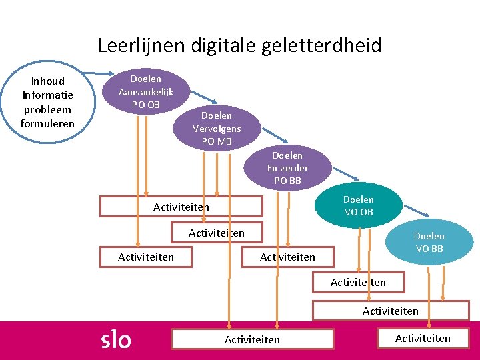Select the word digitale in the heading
tap(223, 45)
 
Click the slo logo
tap(115, 339)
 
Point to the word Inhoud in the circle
tap(48, 81)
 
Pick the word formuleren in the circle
tap(48, 123)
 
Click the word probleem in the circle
tap(48, 109)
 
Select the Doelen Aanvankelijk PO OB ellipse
tap(146, 91)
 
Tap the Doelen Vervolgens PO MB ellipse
tap(217, 128)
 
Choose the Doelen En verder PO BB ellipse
tap(287, 167)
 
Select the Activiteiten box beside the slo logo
tap(252, 339)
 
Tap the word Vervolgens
tap(217, 128)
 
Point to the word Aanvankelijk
tap(146, 92)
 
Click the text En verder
tap(287, 168)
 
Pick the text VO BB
tap(429, 249)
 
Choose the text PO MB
tap(217, 141)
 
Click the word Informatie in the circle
tap(48, 95)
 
